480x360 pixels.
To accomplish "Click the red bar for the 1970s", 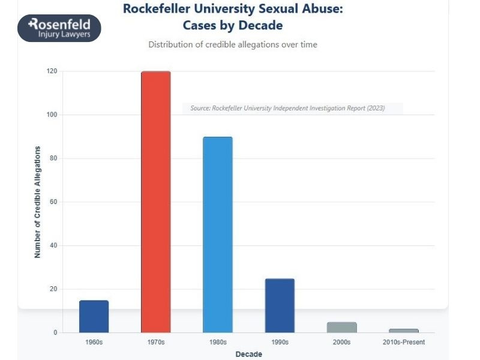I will (x=156, y=202).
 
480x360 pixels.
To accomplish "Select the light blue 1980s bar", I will (x=218, y=235).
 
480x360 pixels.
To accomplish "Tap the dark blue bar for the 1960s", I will (x=94, y=316).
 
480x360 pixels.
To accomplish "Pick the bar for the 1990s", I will (x=280, y=305).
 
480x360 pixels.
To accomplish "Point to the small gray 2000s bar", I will (x=342, y=327).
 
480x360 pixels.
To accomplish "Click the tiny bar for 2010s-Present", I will (x=404, y=331).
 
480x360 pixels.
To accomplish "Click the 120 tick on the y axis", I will (x=52, y=71).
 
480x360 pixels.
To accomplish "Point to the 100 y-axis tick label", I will (x=52, y=115).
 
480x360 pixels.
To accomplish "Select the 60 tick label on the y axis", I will (x=53, y=202).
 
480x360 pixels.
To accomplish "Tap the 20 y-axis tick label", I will (x=53, y=289).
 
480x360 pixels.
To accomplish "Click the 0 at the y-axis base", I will (x=55, y=332).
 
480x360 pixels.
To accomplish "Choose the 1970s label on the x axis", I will (x=156, y=342).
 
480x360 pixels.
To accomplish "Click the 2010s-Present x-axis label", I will (x=404, y=342).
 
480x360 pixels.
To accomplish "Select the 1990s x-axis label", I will (x=280, y=342).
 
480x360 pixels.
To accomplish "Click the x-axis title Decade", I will (x=248, y=354).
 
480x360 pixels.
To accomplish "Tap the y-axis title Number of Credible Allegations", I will (x=38, y=202).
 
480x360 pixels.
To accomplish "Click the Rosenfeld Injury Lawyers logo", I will (x=59, y=28).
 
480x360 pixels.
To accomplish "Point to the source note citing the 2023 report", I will (x=287, y=108).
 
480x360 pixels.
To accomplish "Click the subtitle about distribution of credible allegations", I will (x=233, y=44).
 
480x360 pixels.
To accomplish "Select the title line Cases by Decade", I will (x=233, y=26).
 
